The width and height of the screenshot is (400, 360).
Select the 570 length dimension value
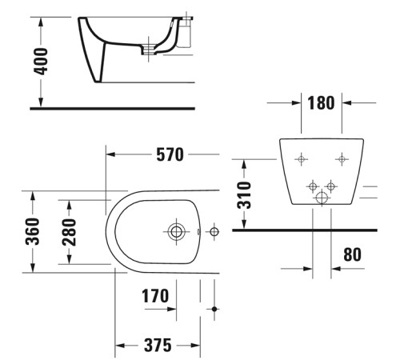[170, 154]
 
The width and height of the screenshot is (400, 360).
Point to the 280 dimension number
[70, 232]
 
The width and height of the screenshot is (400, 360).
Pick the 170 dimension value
[155, 296]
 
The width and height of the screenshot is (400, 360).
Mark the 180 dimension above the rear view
[321, 102]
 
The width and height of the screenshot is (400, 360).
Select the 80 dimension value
[351, 254]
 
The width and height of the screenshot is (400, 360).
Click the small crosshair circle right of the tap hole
[212, 232]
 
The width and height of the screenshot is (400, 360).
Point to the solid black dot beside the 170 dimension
[214, 308]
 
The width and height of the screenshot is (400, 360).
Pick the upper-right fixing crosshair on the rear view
[342, 158]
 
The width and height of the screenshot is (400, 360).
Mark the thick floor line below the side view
[112, 107]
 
